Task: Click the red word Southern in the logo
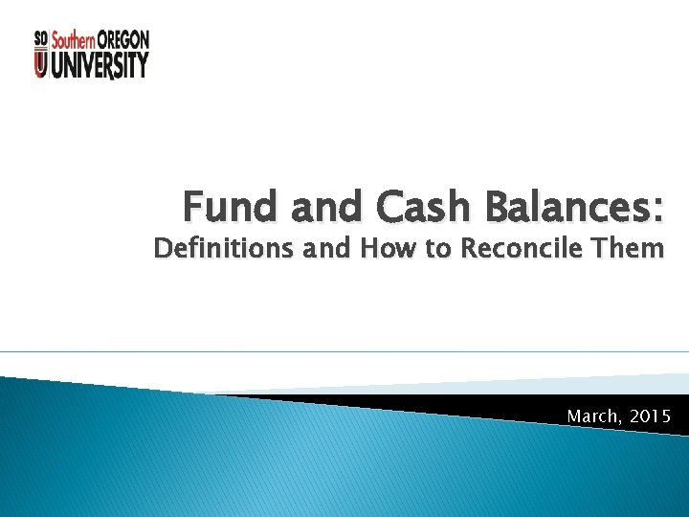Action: coord(73,39)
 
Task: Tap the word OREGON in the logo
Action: coord(122,39)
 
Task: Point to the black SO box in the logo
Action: coord(40,39)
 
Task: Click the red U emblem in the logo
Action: coord(40,65)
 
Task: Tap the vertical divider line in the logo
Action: coord(49,54)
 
